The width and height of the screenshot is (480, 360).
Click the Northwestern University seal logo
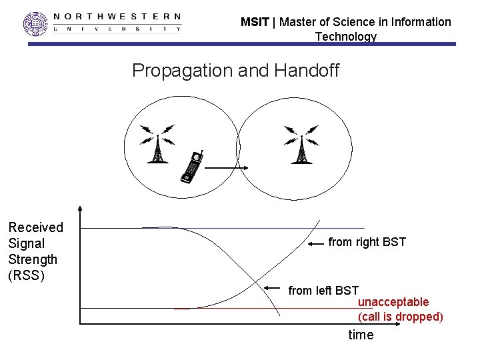point(36,23)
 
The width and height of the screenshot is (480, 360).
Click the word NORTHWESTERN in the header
point(117,16)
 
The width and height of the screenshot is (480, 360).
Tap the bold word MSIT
point(255,22)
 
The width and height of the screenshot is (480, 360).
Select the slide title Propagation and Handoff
point(235,70)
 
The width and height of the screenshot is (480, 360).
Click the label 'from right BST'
point(367,242)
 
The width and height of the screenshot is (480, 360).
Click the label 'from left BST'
point(323,290)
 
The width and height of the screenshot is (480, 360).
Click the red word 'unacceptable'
point(393,302)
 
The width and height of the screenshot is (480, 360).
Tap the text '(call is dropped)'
point(401,317)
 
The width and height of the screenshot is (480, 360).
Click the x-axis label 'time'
point(361,335)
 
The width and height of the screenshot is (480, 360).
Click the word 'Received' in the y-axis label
point(35,227)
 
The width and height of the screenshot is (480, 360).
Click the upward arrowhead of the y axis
point(79,209)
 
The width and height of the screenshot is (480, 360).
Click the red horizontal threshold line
point(267,308)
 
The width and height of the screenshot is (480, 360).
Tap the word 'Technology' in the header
point(345,37)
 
